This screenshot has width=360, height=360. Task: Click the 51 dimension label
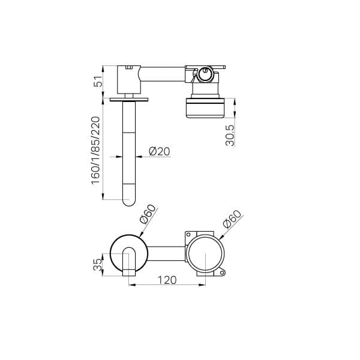click(x=98, y=81)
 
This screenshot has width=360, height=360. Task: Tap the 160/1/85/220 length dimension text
click(x=96, y=151)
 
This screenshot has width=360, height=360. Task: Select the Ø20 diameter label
click(x=160, y=151)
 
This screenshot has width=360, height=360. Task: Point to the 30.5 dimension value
click(x=230, y=135)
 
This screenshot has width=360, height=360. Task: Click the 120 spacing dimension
click(x=167, y=280)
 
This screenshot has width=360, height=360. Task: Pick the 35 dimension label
click(x=97, y=265)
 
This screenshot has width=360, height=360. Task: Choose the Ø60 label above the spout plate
click(x=148, y=214)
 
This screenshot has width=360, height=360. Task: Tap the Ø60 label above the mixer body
click(x=233, y=219)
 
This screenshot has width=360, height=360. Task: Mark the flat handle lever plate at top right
click(x=205, y=67)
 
